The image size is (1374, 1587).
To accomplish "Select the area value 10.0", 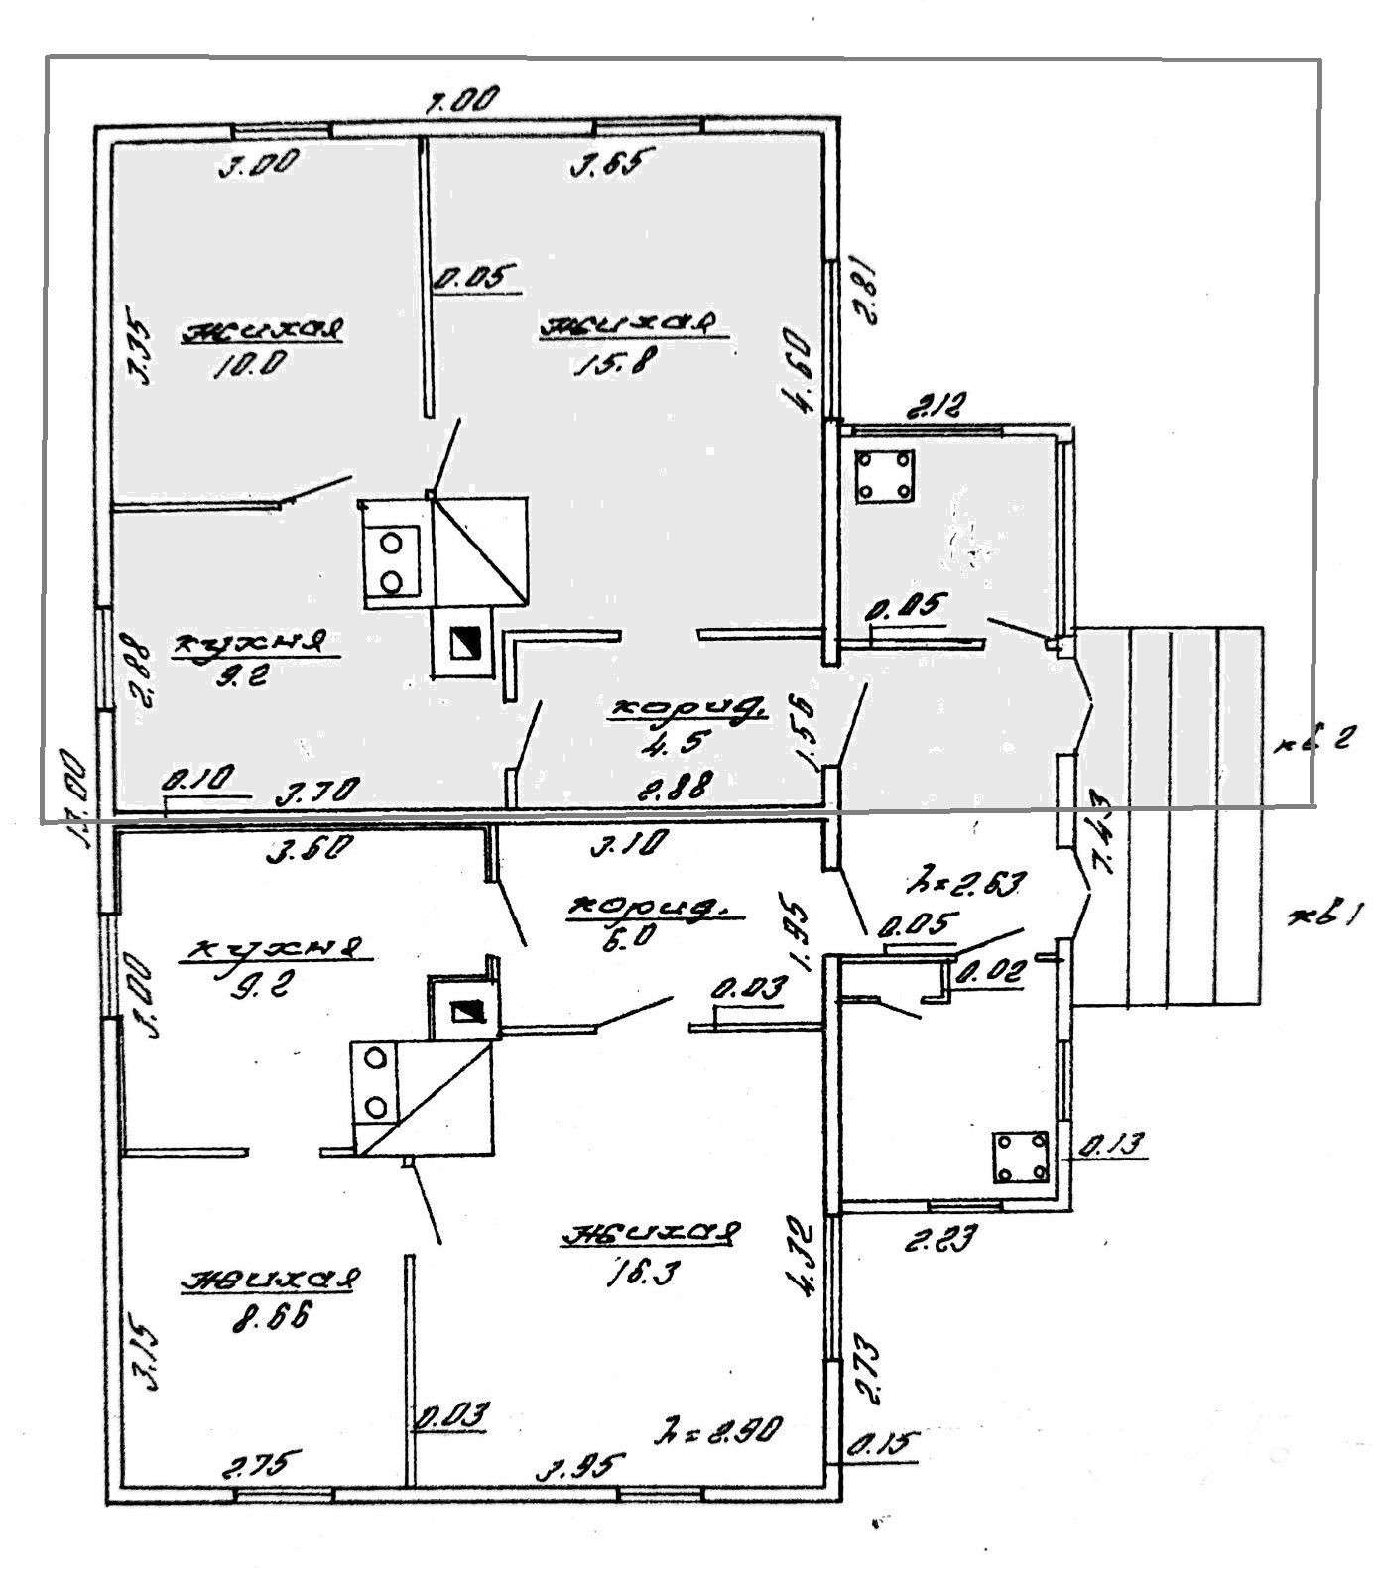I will point(250,363).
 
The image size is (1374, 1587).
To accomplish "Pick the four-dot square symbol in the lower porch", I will point(1022,1157).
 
